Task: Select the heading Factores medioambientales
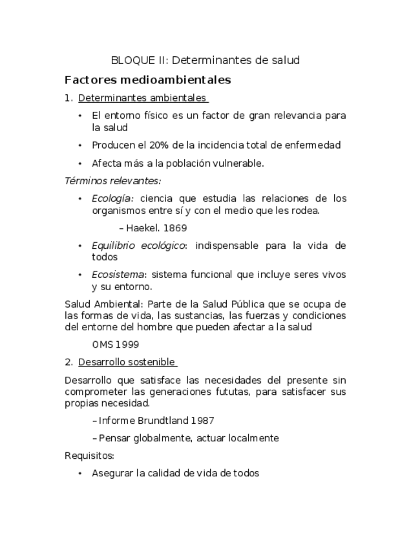coord(148,81)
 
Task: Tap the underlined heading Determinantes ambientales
coord(142,99)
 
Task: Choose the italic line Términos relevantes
coord(112,180)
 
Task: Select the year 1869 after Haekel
coord(174,228)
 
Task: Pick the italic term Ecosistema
coord(118,275)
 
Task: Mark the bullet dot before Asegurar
coord(79,474)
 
